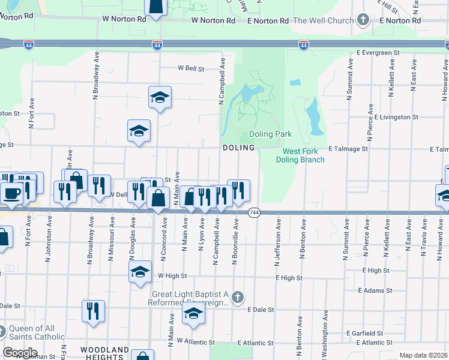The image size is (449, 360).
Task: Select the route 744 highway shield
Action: tap(254, 213)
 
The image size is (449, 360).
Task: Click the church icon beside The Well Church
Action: tap(362, 20)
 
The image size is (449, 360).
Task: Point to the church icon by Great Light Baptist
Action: tap(238, 297)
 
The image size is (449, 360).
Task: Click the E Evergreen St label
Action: tap(370, 53)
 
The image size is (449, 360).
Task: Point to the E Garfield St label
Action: tap(364, 333)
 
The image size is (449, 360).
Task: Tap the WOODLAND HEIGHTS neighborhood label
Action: tap(104, 353)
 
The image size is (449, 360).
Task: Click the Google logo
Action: tap(20, 353)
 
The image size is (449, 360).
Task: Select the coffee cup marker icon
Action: tap(12, 193)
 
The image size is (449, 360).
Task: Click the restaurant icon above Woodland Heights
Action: tap(93, 311)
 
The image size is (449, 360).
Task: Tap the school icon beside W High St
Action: tap(140, 271)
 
